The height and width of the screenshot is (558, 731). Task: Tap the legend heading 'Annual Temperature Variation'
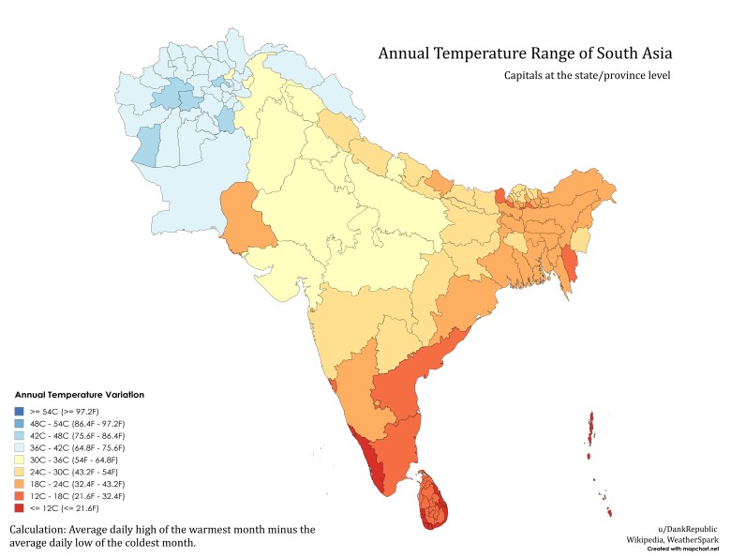[79, 395]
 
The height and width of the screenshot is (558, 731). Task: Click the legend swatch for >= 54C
[20, 411]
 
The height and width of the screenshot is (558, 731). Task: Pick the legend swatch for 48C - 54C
[20, 423]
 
